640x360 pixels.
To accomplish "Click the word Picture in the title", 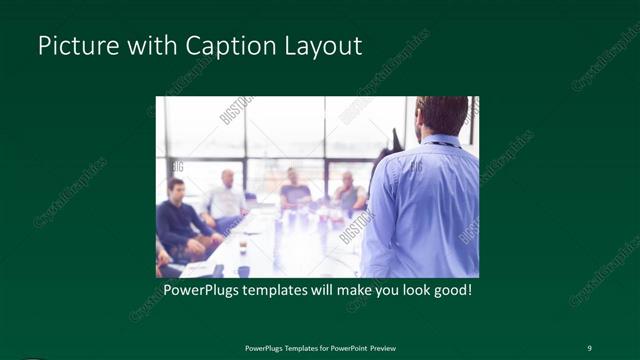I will coord(73,47).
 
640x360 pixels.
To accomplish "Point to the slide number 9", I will coord(589,347).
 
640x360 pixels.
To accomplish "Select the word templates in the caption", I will coord(287,291).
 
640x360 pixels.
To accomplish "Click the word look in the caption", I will coord(410,291).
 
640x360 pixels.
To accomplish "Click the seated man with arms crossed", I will coord(348,195).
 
